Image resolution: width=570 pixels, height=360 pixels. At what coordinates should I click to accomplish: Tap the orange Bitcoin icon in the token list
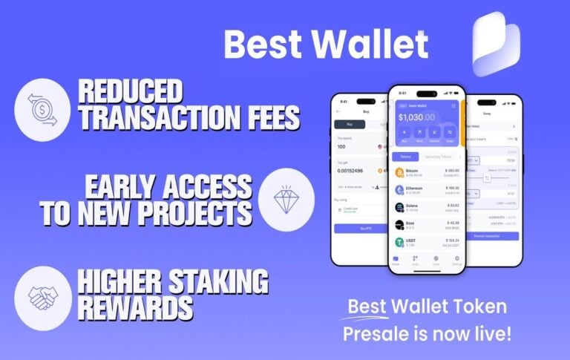tap(399, 173)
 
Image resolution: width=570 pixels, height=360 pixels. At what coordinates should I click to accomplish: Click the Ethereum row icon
tap(399, 191)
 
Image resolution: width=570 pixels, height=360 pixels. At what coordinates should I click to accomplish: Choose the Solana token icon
tap(399, 208)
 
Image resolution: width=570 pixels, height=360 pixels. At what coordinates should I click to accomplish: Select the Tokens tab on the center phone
tap(405, 157)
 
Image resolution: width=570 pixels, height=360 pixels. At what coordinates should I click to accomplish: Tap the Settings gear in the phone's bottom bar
tap(456, 260)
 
